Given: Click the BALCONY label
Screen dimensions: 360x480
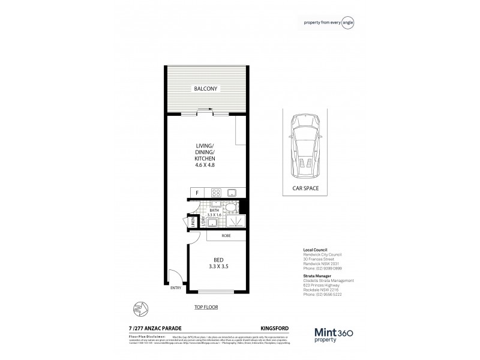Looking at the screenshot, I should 206,89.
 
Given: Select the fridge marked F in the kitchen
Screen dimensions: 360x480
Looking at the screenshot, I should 197,193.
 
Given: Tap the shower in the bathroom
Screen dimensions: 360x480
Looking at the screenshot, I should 236,221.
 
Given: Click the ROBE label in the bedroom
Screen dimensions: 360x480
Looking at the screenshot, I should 227,236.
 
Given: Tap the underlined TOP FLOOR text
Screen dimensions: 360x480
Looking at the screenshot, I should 206,307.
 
